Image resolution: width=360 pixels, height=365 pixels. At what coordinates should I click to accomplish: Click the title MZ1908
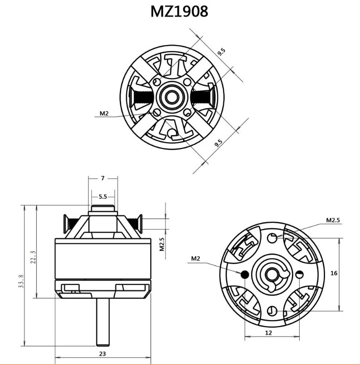point(179,11)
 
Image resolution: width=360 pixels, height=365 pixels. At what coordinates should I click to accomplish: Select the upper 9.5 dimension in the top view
point(222,51)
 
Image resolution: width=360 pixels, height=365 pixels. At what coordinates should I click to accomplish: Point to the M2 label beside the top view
point(104,113)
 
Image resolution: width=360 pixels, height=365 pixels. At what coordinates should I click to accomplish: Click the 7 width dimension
point(103,178)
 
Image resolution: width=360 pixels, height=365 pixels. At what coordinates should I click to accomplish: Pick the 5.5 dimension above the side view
point(103,196)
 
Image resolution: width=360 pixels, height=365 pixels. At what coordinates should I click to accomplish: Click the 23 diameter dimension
point(103,353)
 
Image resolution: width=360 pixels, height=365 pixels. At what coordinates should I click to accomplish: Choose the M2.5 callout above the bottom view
point(333,220)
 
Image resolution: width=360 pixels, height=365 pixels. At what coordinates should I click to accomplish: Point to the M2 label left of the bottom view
point(195,259)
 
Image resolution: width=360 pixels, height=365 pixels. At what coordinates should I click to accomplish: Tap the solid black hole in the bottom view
point(245,274)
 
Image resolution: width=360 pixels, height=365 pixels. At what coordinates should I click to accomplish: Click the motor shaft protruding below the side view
point(103,323)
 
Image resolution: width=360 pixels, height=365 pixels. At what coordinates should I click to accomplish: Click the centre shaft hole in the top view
point(172,96)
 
